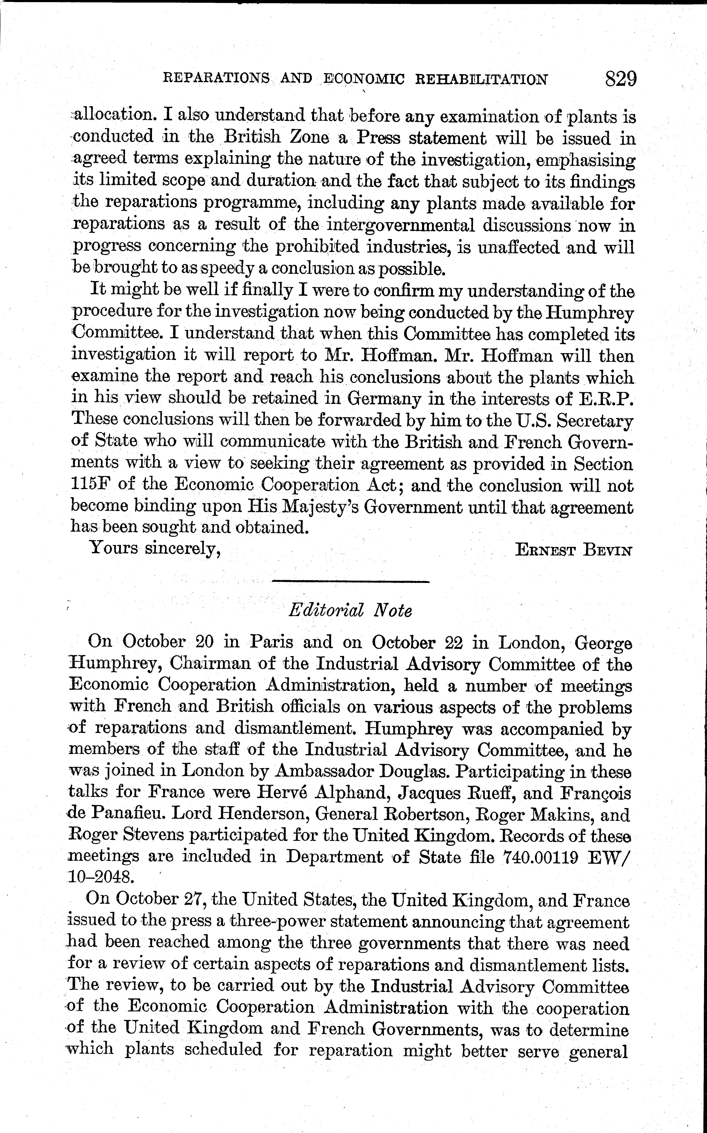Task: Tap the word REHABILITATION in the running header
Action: coord(481,79)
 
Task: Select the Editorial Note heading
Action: coord(350,610)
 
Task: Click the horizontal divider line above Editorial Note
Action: coord(350,581)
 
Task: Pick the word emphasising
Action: coord(585,160)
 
